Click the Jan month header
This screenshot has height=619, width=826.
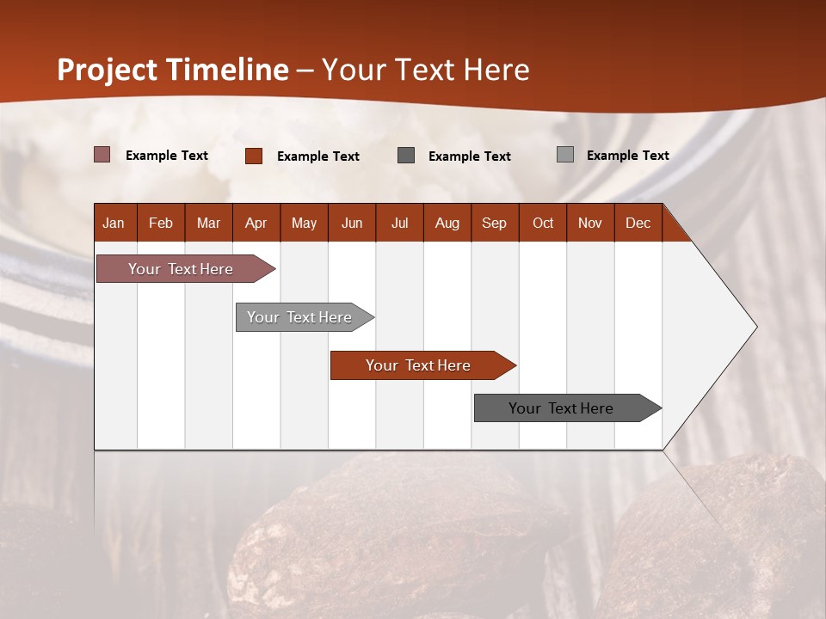point(114,223)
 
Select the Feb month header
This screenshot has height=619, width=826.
point(161,223)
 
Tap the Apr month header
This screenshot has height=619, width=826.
point(256,223)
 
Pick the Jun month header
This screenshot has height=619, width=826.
point(352,223)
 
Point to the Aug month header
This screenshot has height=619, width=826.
point(447,223)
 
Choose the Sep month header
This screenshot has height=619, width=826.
point(494,223)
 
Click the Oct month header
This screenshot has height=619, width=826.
point(543,223)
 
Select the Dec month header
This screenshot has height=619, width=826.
point(638,223)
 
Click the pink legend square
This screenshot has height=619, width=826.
point(102,155)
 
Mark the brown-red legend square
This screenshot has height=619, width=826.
point(254,156)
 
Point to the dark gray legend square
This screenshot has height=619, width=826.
point(406,156)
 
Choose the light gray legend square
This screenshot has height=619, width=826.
point(565,155)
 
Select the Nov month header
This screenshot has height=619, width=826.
point(590,223)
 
